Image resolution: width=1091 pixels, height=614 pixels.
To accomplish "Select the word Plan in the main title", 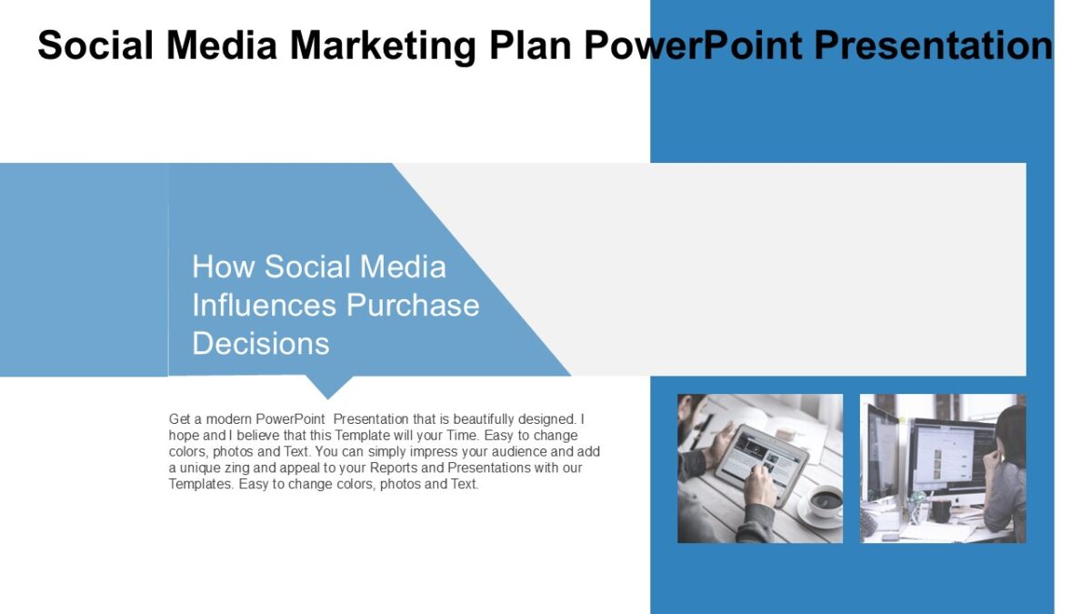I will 531,45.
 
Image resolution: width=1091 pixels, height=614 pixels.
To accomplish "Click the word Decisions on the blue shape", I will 261,343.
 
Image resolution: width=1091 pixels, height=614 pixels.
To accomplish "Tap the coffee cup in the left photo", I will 823,501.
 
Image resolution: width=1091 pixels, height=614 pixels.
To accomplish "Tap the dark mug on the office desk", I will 936,510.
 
